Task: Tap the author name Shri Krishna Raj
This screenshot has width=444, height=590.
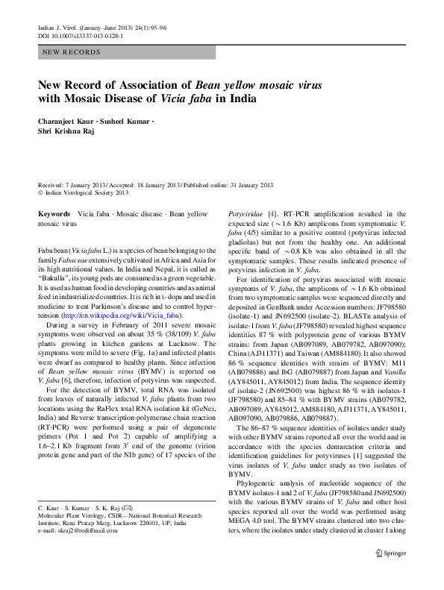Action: coord(69,131)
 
